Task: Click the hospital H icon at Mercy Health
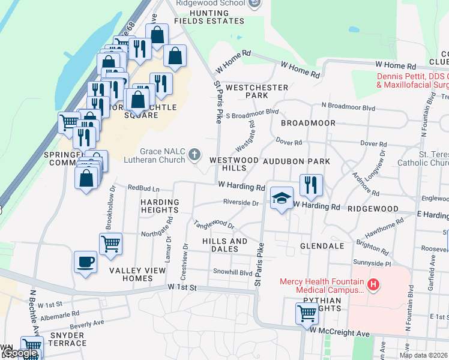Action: (374, 284)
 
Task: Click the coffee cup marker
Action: (85, 262)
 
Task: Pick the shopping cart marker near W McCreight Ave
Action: (307, 313)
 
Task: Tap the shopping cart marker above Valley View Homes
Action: (111, 244)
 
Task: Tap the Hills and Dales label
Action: (224, 245)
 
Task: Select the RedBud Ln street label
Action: (143, 188)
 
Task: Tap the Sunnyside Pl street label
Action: (372, 263)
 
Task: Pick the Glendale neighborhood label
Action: (322, 246)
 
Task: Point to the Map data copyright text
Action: (423, 355)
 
